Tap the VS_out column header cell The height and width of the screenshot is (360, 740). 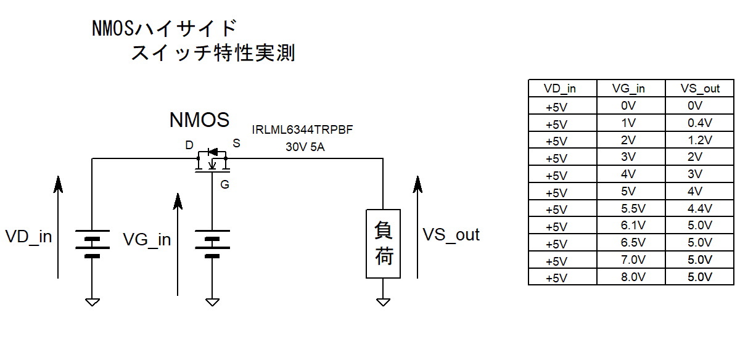point(699,88)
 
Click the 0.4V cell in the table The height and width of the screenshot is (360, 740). point(699,123)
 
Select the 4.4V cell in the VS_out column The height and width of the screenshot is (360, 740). point(699,208)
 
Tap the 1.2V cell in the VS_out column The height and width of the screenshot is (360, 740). point(699,140)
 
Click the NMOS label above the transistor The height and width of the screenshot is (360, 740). point(199,120)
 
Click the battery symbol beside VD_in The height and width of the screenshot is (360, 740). point(92,243)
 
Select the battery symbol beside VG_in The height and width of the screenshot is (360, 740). point(212,243)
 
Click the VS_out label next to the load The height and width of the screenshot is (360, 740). point(451,234)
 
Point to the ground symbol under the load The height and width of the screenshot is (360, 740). point(384,302)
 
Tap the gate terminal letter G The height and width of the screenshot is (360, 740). point(224,184)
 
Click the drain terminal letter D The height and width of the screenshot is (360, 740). point(189,145)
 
